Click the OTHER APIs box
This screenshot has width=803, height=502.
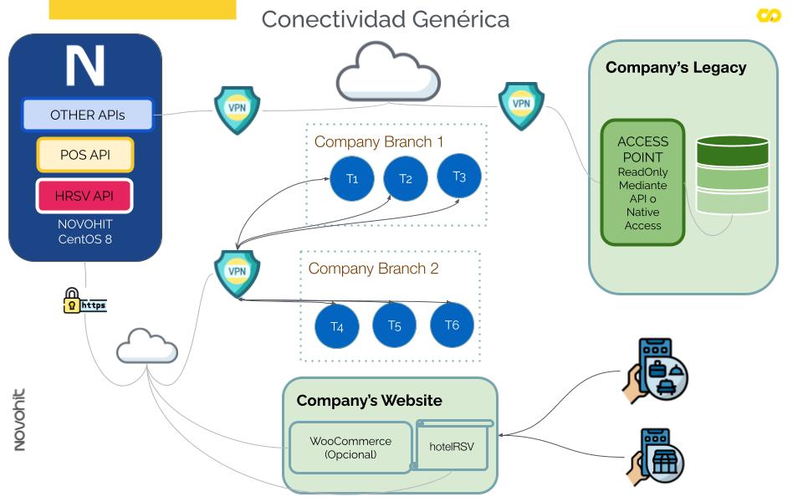click(x=88, y=115)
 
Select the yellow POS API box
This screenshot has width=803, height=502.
click(x=85, y=155)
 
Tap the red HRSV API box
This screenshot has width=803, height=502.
click(x=84, y=196)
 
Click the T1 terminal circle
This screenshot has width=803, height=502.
click(x=352, y=178)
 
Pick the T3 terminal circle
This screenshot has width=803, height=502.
click(x=459, y=176)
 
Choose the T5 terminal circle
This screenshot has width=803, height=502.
click(x=395, y=325)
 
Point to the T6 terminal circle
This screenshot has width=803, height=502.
click(x=452, y=325)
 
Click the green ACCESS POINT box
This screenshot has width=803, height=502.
click(x=642, y=182)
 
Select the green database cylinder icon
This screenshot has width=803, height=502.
click(x=732, y=175)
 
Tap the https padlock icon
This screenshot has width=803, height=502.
click(x=73, y=301)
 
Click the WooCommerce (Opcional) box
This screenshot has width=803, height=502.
click(x=350, y=448)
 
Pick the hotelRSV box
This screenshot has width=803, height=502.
click(x=452, y=447)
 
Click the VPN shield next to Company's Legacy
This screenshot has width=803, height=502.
click(x=521, y=105)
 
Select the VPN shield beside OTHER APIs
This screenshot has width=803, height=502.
click(x=237, y=109)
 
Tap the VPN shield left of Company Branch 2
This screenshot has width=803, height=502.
click(x=237, y=273)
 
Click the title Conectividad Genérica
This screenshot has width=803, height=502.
click(x=385, y=19)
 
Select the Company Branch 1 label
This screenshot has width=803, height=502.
click(x=379, y=141)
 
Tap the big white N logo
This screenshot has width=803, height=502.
click(x=85, y=66)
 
